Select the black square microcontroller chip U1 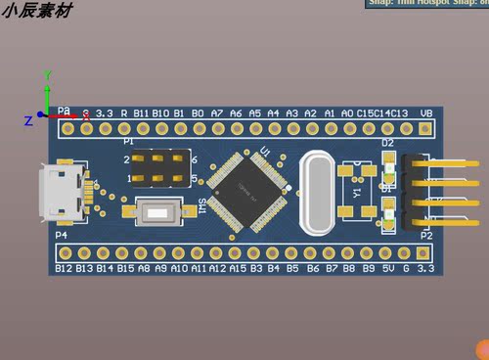[x=250, y=190]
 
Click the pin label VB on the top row [x=425, y=113]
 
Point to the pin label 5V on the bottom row [x=387, y=267]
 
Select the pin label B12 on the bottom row [x=65, y=267]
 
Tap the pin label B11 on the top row [x=142, y=113]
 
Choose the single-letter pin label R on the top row [x=123, y=113]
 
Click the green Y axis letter [x=47, y=75]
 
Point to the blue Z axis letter [x=28, y=120]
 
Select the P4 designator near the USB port [x=62, y=236]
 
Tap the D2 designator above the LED [x=387, y=143]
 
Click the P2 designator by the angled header [x=425, y=236]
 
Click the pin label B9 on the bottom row [x=369, y=267]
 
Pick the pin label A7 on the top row [x=217, y=113]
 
